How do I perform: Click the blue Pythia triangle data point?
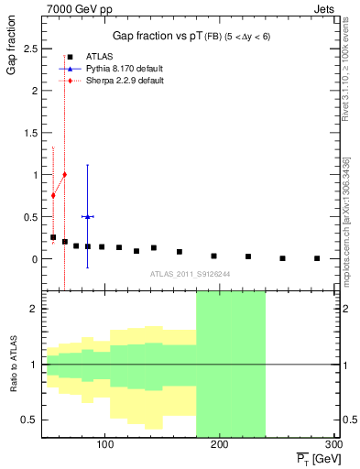point(87,216)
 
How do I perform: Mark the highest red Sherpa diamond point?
point(64,174)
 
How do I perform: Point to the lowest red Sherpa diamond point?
point(53,195)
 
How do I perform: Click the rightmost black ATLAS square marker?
point(317,258)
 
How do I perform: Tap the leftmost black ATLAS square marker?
point(53,237)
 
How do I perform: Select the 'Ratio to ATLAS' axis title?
point(13,366)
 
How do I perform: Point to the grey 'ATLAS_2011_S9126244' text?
point(191,273)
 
